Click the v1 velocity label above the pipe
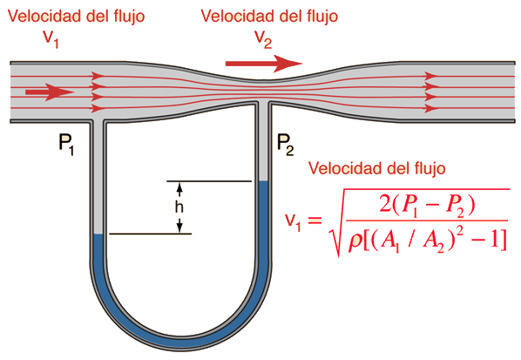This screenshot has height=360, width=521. [51, 39]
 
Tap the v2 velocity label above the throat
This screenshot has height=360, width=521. [263, 39]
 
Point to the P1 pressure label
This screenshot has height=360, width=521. [66, 145]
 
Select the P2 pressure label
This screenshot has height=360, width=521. [286, 145]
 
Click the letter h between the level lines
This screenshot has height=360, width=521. [179, 207]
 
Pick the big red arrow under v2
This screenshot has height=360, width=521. [264, 64]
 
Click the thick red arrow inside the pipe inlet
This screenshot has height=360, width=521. [50, 92]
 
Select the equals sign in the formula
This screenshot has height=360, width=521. [315, 220]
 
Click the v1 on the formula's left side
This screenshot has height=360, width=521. [293, 221]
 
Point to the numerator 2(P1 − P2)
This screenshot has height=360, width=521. [427, 206]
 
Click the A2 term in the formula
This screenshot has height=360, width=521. [433, 242]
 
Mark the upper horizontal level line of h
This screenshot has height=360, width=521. [209, 181]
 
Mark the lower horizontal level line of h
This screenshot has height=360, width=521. [150, 234]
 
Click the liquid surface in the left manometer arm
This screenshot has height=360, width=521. [98, 234]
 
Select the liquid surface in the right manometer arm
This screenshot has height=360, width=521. [263, 181]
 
